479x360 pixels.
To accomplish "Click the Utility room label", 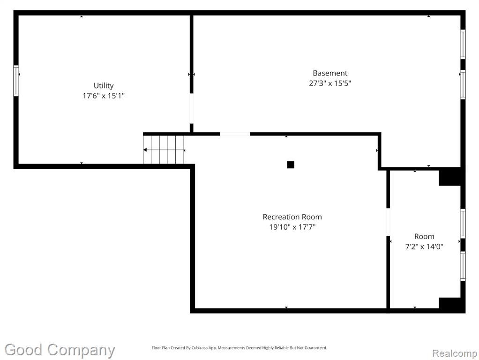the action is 104,86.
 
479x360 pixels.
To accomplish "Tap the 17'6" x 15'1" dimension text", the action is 104,96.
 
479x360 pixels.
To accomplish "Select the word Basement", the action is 330,73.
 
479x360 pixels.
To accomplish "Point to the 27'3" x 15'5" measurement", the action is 330,83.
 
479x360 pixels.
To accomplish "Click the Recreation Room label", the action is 292,217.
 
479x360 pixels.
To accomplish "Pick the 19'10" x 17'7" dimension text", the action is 292,227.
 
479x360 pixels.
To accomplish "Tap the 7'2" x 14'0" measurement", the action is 424,247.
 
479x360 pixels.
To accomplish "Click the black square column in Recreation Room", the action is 291,165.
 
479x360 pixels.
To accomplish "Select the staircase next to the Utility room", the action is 164,150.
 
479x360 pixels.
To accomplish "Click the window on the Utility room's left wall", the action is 16,81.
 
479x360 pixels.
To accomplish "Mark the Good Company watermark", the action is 60,350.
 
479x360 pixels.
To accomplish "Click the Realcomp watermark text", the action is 455,353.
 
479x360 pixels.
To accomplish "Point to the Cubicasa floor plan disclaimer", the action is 239,348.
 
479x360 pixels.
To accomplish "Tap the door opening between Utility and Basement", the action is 192,108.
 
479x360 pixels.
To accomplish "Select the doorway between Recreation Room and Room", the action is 388,222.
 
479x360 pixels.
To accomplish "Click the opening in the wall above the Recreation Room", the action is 235,134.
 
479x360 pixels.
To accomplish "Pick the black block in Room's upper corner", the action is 449,177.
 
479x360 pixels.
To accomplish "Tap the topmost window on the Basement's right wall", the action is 463,45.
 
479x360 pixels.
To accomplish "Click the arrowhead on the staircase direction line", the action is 145,150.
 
